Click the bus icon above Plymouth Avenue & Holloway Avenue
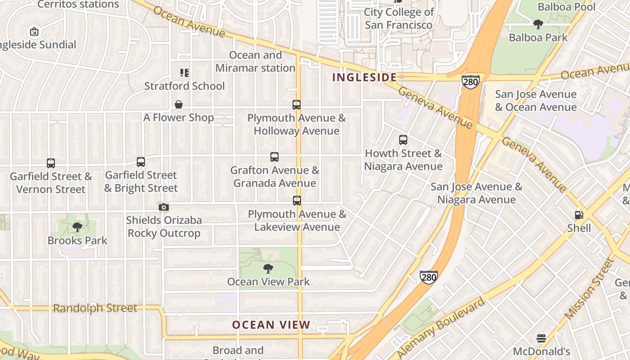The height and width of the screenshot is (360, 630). (x=297, y=105)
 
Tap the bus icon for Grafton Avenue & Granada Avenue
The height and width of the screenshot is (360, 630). (x=274, y=157)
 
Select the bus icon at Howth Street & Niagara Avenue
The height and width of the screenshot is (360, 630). (x=403, y=140)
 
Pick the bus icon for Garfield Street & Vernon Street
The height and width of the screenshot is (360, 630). (x=51, y=163)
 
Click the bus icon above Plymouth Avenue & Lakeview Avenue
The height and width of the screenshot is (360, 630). (x=297, y=201)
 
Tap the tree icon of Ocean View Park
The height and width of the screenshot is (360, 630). (x=268, y=269)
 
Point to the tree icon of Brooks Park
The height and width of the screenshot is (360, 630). (x=77, y=227)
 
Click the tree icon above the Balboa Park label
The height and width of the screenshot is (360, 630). (x=538, y=24)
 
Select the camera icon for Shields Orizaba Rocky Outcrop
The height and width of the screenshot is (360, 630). (x=164, y=207)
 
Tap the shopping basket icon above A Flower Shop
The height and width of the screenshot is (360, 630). (x=179, y=104)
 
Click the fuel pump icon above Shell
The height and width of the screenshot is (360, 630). (x=579, y=215)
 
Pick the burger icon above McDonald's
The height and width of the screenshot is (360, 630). (x=541, y=338)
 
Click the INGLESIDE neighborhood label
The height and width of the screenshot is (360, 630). (x=364, y=77)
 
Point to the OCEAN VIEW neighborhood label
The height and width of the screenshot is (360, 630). (x=271, y=325)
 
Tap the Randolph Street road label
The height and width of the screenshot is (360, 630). (x=95, y=308)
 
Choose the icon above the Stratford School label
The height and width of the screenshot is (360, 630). (x=184, y=72)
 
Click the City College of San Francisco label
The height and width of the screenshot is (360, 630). (x=399, y=18)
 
